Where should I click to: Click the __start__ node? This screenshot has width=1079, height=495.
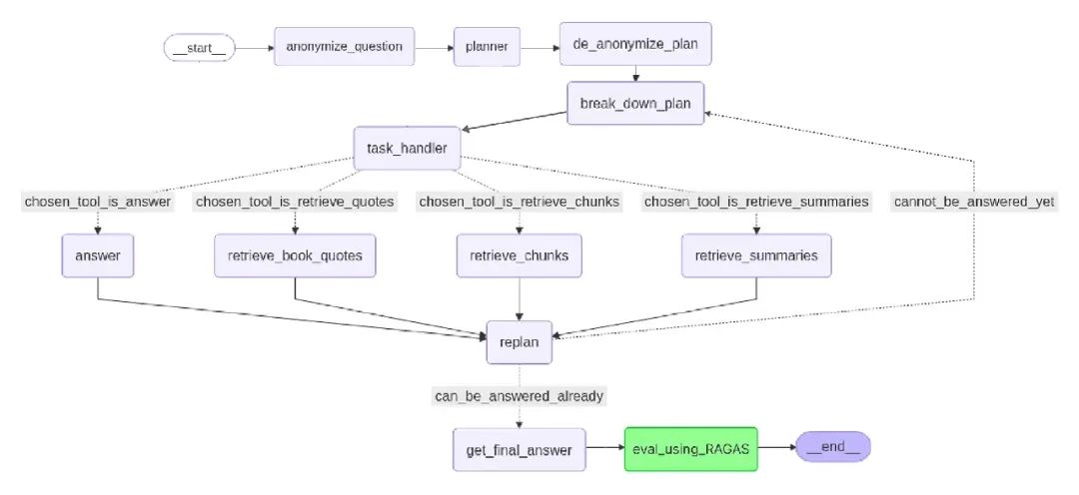(200, 48)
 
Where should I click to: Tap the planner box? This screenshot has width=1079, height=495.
(486, 46)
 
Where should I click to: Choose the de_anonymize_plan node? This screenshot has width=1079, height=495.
(635, 46)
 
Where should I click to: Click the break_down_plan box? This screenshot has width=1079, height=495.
(635, 103)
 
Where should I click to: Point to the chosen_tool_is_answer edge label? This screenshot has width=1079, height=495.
(98, 202)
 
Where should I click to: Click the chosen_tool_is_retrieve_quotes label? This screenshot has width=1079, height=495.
(295, 202)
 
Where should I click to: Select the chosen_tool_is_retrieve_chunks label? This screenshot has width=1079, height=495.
(519, 202)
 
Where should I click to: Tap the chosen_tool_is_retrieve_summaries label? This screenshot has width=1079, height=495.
(756, 202)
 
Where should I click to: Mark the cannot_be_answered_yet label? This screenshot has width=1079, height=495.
(974, 202)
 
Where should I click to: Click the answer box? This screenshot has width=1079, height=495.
(98, 255)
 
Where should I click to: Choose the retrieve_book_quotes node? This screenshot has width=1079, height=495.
(295, 255)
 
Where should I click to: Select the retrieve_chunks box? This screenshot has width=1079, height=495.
(519, 255)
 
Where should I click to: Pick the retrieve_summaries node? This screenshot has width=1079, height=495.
(756, 255)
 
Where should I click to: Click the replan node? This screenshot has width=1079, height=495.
(519, 341)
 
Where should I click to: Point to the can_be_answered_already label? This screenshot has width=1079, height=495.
(519, 396)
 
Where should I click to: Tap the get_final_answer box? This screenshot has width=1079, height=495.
(519, 449)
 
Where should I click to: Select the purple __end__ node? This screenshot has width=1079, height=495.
(832, 447)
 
